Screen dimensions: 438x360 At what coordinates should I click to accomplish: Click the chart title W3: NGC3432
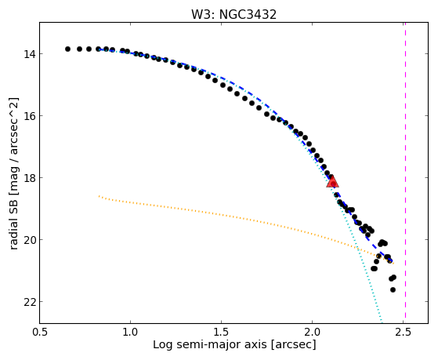pyautogui.click(x=233, y=14)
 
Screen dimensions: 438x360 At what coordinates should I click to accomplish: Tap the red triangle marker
pyautogui.click(x=332, y=181)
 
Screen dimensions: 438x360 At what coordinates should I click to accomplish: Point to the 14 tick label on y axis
pyautogui.click(x=29, y=53)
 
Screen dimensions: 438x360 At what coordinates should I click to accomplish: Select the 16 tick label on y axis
pyautogui.click(x=29, y=116)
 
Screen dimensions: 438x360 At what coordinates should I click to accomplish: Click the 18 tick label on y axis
pyautogui.click(x=29, y=178)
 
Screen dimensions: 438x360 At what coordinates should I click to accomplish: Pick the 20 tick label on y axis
pyautogui.click(x=29, y=240)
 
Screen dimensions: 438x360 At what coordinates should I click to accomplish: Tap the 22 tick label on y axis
pyautogui.click(x=29, y=302)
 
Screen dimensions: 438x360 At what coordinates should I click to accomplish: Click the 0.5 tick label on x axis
pyautogui.click(x=39, y=332)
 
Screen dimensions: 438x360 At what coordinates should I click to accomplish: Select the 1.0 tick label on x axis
pyautogui.click(x=130, y=332)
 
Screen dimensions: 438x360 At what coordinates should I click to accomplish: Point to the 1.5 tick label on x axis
pyautogui.click(x=221, y=332)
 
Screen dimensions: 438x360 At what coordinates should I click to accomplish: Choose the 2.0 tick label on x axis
pyautogui.click(x=313, y=332)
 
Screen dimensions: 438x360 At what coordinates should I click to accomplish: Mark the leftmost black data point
pyautogui.click(x=67, y=49)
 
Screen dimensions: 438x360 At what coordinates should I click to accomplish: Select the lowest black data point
pyautogui.click(x=393, y=289)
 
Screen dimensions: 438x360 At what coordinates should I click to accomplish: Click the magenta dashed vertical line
pyautogui.click(x=405, y=173)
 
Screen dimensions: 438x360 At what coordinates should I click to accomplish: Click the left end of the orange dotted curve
pyautogui.click(x=99, y=196)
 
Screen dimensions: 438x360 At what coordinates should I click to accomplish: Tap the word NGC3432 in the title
pyautogui.click(x=248, y=14)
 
